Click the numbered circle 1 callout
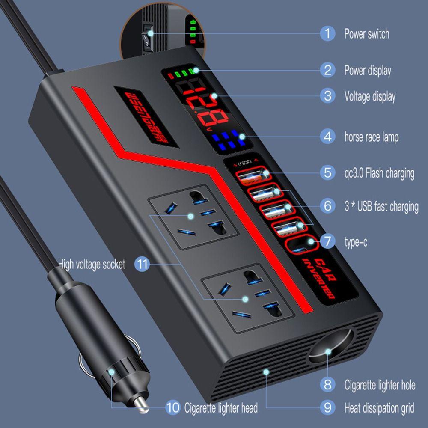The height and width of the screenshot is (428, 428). [327, 33]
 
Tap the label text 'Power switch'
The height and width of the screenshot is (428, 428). [367, 34]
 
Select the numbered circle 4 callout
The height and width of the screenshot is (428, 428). [327, 137]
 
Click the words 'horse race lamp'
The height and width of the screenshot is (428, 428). [372, 137]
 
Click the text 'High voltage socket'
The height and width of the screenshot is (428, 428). [92, 264]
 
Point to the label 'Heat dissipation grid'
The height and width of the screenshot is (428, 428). [379, 408]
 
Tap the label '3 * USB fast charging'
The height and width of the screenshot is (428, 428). [381, 206]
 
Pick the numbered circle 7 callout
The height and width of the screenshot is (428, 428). [327, 242]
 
